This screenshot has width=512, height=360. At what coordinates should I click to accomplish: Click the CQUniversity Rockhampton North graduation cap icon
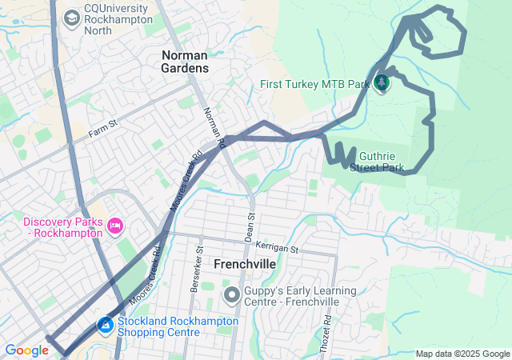(72, 17)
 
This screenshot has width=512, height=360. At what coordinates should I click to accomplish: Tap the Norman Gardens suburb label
(185, 62)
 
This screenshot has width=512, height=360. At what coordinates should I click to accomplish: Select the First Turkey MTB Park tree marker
(382, 82)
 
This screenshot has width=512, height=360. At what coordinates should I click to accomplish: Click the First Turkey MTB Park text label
(316, 84)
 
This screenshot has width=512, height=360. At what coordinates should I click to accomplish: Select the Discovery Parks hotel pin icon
(114, 227)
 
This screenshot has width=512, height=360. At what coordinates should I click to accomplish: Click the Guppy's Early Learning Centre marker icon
(232, 295)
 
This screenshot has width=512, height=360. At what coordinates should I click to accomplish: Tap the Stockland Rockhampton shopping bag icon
(105, 326)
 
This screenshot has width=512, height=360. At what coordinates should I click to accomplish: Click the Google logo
(26, 350)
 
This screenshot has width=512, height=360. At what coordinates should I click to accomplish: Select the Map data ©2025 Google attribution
(462, 354)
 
